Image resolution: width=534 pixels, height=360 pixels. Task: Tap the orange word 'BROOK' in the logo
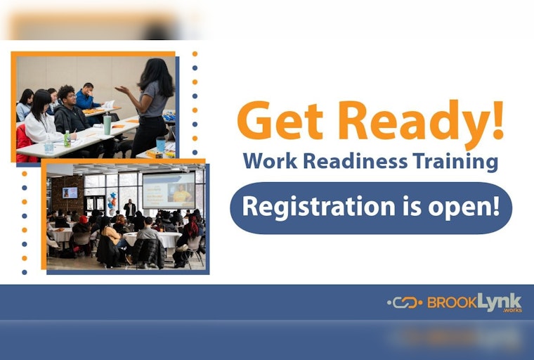pyautogui.click(x=452, y=303)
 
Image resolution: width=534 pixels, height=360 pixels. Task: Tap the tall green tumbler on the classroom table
pyautogui.click(x=107, y=124)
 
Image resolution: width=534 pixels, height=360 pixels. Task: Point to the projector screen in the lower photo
pyautogui.click(x=169, y=190)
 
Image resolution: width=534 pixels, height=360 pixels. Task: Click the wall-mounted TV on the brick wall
pyautogui.click(x=70, y=192)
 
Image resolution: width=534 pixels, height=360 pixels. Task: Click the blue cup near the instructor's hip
pyautogui.click(x=161, y=143)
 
